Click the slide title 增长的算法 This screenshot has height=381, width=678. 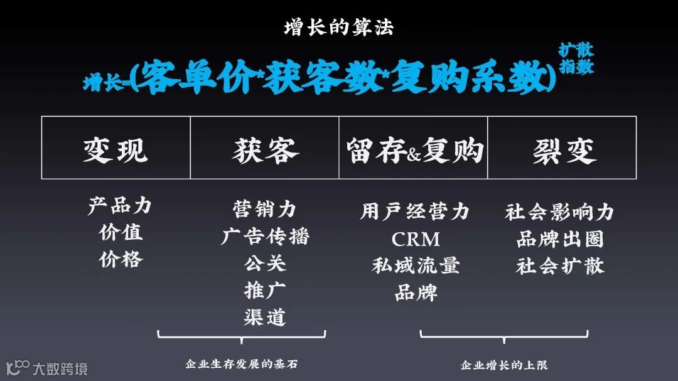[339, 28]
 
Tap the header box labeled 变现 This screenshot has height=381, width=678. [116, 148]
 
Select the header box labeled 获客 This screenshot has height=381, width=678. [264, 148]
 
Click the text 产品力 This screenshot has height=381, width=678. [120, 205]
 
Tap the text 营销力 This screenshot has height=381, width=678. [264, 208]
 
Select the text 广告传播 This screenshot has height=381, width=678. [265, 236]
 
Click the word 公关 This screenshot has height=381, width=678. [265, 263]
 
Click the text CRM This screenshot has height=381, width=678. [416, 239]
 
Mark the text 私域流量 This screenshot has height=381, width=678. [416, 265]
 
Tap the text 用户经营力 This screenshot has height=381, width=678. [415, 212]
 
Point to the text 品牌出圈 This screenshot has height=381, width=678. [560, 239]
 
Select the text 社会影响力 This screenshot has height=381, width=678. [559, 212]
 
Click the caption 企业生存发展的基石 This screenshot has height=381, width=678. [241, 363]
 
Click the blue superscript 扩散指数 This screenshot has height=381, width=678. [576, 58]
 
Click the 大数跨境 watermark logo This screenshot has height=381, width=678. [46, 368]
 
